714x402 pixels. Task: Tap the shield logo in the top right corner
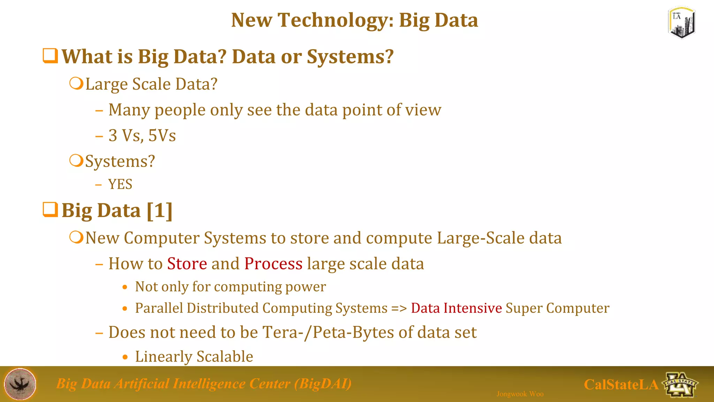[x=682, y=23]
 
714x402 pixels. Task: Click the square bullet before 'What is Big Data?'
[x=50, y=56]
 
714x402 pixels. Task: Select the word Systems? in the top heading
[x=350, y=57]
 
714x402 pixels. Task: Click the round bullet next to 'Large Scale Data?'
[x=76, y=84]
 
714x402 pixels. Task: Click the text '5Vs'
[x=162, y=135]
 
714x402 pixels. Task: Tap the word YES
[x=120, y=184]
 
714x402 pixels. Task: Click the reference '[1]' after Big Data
[x=160, y=211]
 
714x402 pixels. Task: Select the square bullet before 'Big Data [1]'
[x=50, y=210]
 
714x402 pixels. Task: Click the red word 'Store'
[x=187, y=264]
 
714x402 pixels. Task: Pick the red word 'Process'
[x=273, y=264]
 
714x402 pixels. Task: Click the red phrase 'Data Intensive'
[x=456, y=308]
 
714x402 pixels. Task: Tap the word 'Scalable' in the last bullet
[x=225, y=357]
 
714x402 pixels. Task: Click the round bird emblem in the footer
[x=20, y=384]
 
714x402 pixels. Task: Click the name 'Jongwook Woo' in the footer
[x=520, y=394]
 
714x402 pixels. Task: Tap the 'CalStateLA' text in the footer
[x=621, y=385]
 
